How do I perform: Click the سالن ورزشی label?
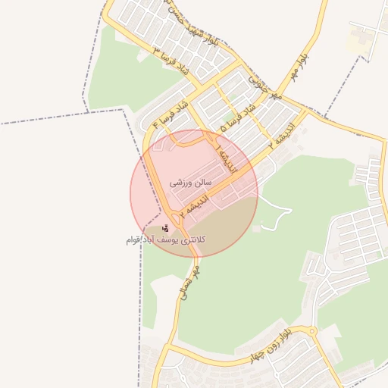187,183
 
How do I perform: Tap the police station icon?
166,227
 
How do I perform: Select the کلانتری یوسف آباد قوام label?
166,239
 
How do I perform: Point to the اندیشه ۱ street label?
225,158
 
